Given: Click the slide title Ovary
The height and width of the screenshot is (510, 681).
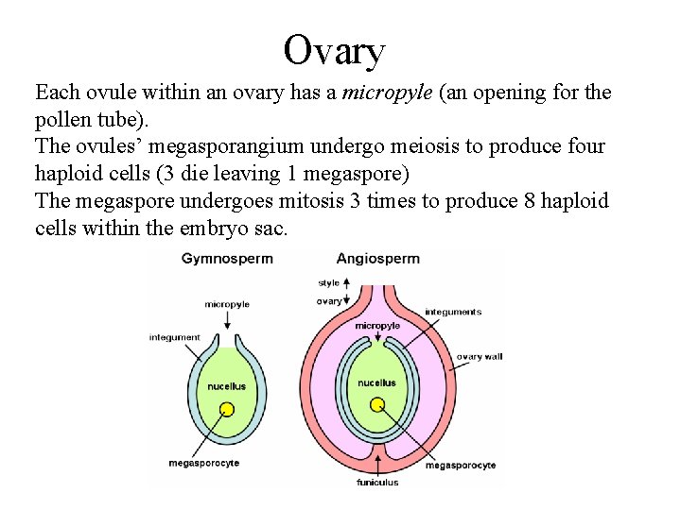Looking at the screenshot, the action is (x=335, y=50).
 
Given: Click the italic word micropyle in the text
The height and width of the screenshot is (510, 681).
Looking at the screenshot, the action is (x=381, y=93).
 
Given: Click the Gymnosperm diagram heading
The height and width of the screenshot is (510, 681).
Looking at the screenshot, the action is (x=227, y=258).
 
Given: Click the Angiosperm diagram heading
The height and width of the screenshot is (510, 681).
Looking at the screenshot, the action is (x=378, y=258).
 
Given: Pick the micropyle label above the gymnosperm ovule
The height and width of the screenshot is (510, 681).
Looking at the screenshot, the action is (x=227, y=304).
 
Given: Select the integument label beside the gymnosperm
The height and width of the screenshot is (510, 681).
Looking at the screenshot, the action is (x=175, y=337).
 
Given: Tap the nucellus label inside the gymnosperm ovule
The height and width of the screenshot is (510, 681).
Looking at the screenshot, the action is (x=227, y=386).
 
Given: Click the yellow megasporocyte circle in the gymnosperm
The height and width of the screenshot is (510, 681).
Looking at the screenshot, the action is (x=227, y=409).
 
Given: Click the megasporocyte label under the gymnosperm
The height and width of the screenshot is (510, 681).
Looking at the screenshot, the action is (x=203, y=463).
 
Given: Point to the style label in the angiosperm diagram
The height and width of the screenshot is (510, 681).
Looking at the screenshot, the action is (x=329, y=282).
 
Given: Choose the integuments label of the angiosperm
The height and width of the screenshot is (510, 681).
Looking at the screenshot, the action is (x=453, y=312).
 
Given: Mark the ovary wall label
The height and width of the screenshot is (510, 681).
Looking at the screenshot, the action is (x=482, y=357).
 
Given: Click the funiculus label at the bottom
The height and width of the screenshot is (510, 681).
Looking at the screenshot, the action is (x=378, y=482).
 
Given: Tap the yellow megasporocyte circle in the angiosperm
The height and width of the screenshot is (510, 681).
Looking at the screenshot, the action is (x=377, y=405).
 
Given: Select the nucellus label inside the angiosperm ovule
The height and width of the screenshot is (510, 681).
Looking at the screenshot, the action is (x=377, y=382).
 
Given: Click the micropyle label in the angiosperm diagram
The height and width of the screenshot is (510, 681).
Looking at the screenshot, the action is (x=377, y=326).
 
